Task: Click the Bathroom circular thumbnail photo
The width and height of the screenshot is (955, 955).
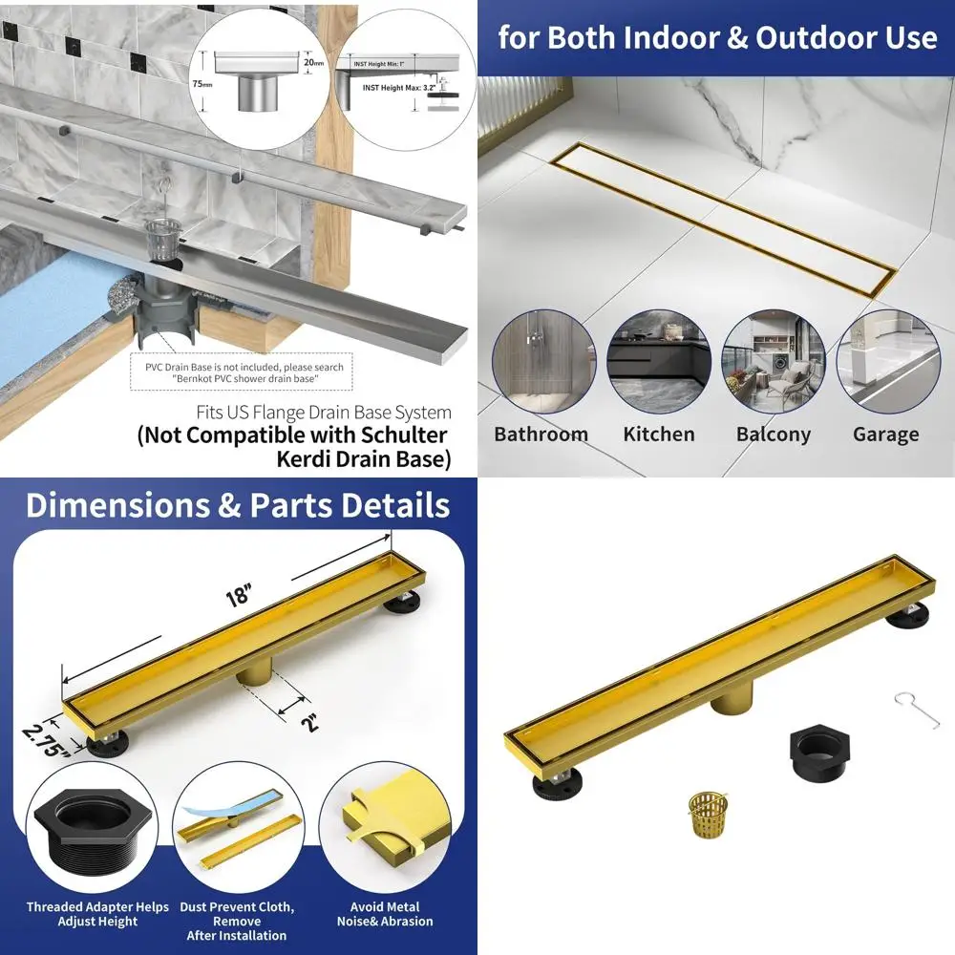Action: pos(541,361)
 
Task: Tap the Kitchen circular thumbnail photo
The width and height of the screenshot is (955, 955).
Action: pos(658,361)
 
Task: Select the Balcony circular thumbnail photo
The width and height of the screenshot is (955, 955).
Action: pos(774,361)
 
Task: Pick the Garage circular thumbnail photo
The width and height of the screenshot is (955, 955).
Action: pos(885,361)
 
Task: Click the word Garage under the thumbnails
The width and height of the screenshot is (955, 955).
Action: pos(885,435)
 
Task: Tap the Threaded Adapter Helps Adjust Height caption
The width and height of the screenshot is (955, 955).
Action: pos(97,914)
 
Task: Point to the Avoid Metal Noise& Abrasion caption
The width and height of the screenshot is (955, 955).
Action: pos(384,914)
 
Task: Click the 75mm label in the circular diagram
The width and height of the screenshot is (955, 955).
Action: pos(202,84)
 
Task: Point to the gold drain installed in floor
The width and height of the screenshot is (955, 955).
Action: pos(725,219)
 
